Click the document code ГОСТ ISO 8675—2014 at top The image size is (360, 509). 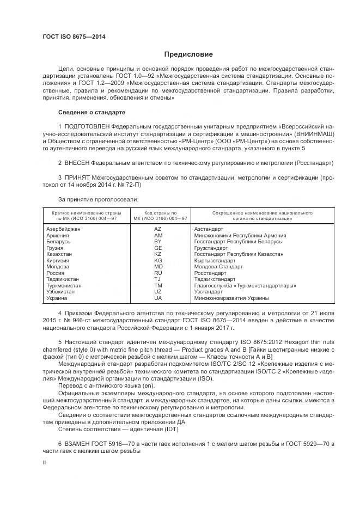point(74,36)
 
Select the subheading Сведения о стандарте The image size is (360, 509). point(91,112)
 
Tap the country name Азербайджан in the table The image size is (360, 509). point(64,229)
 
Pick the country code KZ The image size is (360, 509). point(158,254)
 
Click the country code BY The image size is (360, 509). point(158,242)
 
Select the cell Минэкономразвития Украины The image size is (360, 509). point(231,298)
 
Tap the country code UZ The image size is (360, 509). point(158,292)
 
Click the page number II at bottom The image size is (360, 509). point(45,463)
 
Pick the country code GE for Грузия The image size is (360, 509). point(158,248)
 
